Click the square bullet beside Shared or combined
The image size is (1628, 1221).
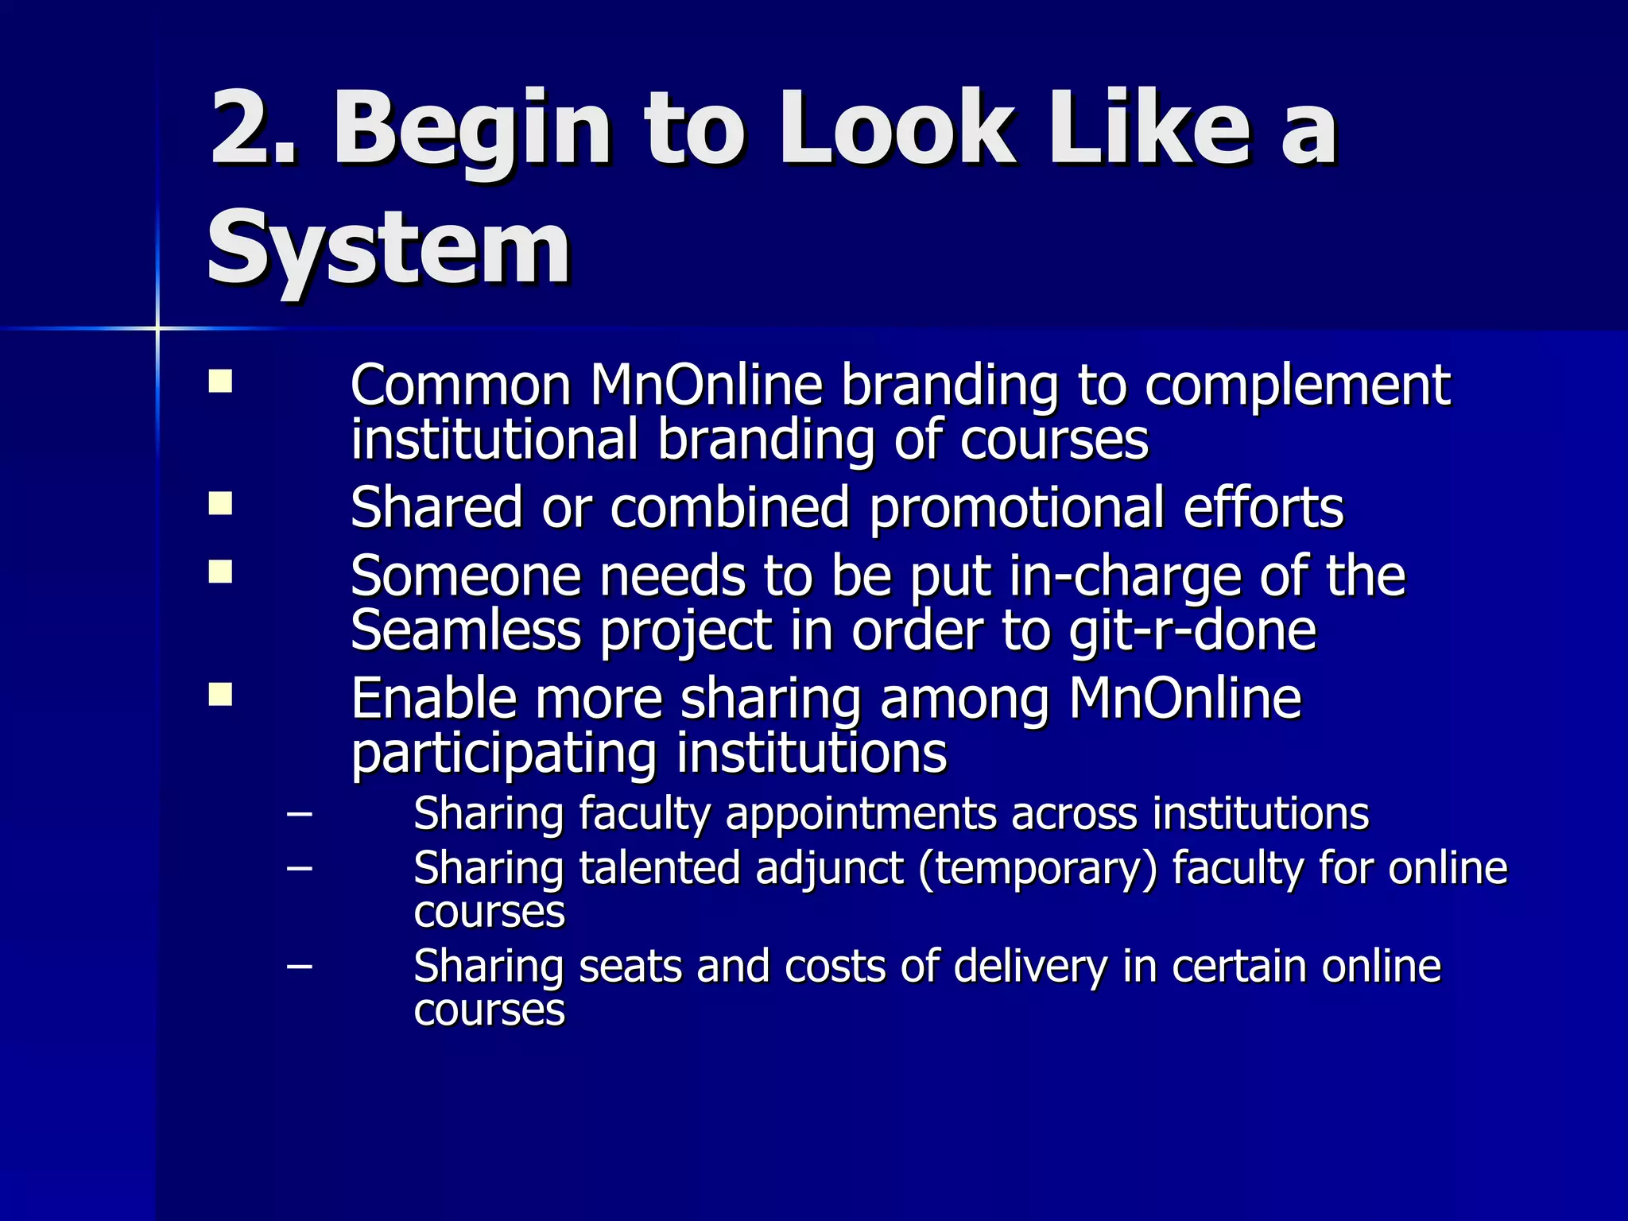pyautogui.click(x=220, y=503)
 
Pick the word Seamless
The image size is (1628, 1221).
pyautogui.click(x=466, y=631)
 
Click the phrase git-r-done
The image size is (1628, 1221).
pyautogui.click(x=1192, y=631)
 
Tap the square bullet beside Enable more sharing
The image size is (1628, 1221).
pyautogui.click(x=220, y=694)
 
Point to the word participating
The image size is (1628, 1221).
pyautogui.click(x=504, y=755)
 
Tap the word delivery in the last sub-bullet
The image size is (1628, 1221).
pyautogui.click(x=1029, y=968)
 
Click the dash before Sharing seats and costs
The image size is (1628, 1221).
pyautogui.click(x=299, y=967)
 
